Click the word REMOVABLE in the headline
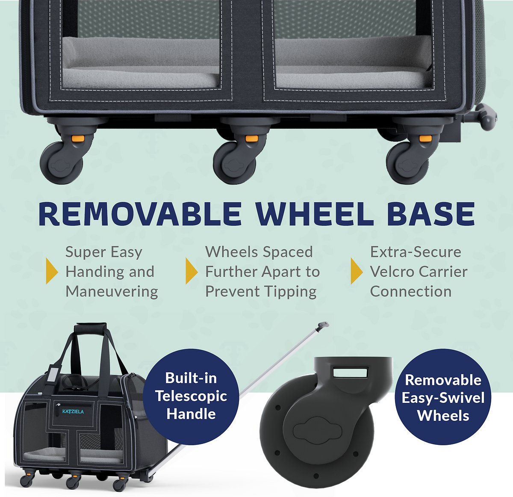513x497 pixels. pyautogui.click(x=140, y=214)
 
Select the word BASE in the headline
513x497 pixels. pyautogui.click(x=431, y=214)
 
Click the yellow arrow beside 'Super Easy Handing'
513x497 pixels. pyautogui.click(x=52, y=271)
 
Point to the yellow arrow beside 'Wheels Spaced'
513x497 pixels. pyautogui.click(x=192, y=271)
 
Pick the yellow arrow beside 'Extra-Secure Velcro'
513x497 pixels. pyautogui.click(x=357, y=271)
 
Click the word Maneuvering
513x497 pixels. pyautogui.click(x=112, y=292)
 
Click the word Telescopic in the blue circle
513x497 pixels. pyautogui.click(x=191, y=396)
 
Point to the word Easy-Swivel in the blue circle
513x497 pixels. pyautogui.click(x=443, y=397)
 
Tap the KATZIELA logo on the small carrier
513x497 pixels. pyautogui.click(x=73, y=411)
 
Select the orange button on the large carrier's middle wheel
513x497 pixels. pyautogui.click(x=251, y=138)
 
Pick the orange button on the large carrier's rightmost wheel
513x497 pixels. pyautogui.click(x=425, y=138)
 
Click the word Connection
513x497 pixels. pyautogui.click(x=411, y=292)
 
